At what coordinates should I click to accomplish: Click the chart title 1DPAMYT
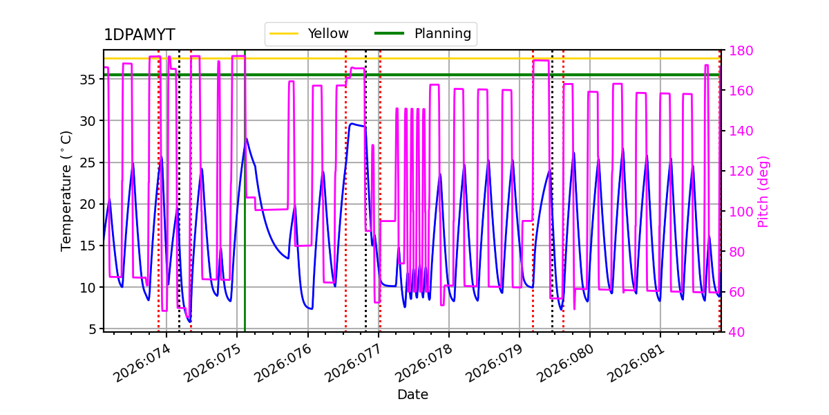point(139,35)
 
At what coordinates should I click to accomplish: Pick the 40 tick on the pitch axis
point(734,333)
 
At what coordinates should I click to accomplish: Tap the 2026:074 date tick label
point(142,364)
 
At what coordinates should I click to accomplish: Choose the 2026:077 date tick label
point(354,364)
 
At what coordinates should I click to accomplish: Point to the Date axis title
point(412,395)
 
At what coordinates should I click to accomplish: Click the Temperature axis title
point(66,190)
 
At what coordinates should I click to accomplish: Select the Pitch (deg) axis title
point(763,191)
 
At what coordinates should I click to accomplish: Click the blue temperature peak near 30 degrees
point(352,124)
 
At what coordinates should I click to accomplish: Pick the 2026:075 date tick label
point(213,364)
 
